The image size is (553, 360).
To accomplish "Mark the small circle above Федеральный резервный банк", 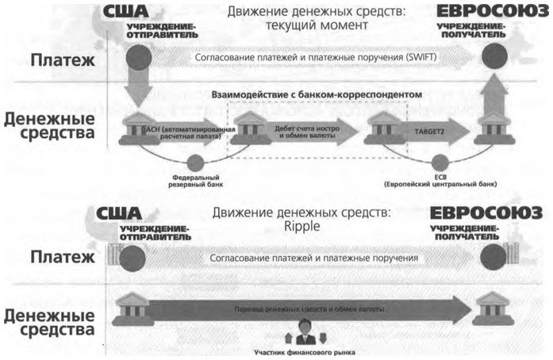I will (187, 158).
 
